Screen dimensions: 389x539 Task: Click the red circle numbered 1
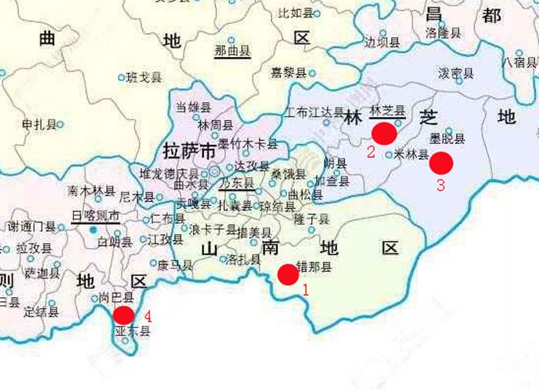coord(288,274)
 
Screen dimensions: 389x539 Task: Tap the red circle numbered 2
coord(383,133)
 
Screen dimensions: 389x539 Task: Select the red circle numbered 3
coord(441,163)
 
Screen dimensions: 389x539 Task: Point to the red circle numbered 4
coord(123,315)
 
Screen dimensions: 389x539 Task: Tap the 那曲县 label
coord(233,52)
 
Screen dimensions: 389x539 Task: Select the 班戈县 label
coord(145,77)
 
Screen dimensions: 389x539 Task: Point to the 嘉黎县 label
coord(289,73)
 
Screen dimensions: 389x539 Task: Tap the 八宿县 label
coord(519,62)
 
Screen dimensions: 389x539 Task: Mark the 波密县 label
coord(456,73)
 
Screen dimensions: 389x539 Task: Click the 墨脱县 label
coord(447,139)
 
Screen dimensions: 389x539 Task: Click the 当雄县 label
coord(193,108)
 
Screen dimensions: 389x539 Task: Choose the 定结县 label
coord(41,312)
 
